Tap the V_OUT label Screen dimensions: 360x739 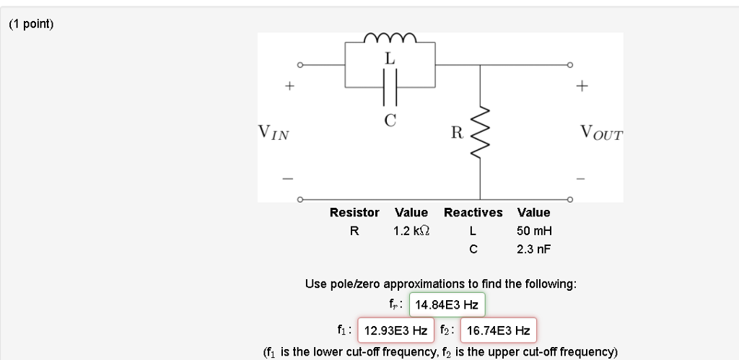[600, 133]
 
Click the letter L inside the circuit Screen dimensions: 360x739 [390, 60]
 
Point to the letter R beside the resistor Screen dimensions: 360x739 [456, 133]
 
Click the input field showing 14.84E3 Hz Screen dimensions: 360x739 [447, 305]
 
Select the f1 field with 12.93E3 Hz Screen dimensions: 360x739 [395, 330]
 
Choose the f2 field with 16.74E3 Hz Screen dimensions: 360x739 [498, 330]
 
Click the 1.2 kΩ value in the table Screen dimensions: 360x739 [411, 232]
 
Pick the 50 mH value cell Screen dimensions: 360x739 [533, 232]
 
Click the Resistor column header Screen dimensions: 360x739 [354, 213]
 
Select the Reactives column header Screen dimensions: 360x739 [473, 213]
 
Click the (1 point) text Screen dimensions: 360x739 [31, 24]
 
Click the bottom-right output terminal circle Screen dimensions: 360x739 [570, 198]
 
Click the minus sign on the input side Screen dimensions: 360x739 [287, 178]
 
